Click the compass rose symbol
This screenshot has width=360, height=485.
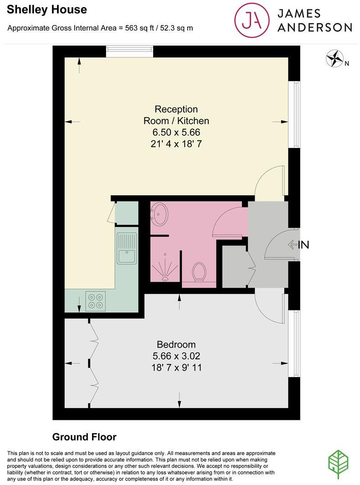point(335,59)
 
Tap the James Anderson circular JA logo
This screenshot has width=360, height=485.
point(252,20)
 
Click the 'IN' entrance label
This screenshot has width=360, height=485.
point(303,245)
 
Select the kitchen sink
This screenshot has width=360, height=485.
point(126,249)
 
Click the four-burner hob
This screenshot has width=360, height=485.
point(96,301)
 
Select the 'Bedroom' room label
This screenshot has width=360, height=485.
point(176,344)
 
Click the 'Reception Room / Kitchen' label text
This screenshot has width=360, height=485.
point(176,115)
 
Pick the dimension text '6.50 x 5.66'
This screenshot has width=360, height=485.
point(176,133)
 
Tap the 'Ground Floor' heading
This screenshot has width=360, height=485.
point(84,437)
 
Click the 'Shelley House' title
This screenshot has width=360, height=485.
point(41,9)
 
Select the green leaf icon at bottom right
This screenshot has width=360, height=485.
point(339,464)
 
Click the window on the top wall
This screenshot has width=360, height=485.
point(129,51)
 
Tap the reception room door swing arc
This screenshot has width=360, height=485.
point(269,180)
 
